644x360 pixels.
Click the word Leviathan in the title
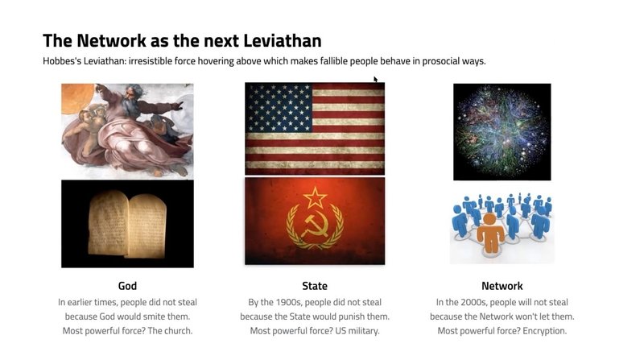[283, 41]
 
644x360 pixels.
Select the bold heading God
[127, 286]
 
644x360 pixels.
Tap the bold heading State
[315, 286]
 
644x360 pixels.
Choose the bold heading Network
[502, 286]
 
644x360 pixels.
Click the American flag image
[315, 129]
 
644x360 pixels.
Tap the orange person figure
[490, 232]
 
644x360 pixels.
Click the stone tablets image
[127, 224]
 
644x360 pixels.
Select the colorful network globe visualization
[502, 131]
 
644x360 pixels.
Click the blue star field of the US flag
[279, 107]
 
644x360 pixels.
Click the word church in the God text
[178, 331]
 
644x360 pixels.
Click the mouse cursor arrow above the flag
[375, 79]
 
